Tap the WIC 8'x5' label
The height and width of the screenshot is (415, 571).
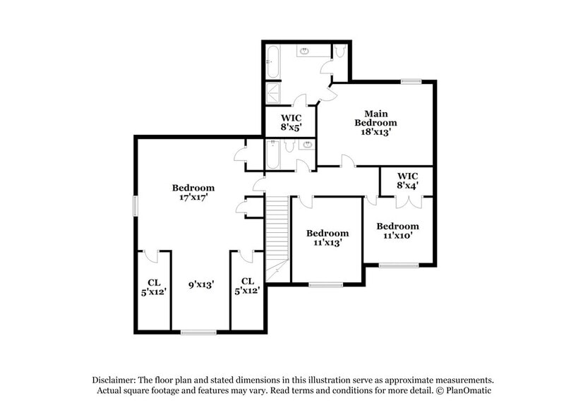[291, 123]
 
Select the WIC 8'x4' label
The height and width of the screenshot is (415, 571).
[407, 180]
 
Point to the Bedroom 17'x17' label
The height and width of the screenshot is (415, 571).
[193, 193]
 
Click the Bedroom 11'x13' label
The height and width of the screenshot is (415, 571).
[327, 238]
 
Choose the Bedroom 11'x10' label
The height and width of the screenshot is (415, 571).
[397, 231]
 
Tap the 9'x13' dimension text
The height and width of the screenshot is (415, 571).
[201, 284]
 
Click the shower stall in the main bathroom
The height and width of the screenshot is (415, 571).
[272, 93]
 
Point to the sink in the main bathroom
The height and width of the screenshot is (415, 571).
[305, 52]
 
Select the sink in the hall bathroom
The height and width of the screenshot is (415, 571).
[306, 146]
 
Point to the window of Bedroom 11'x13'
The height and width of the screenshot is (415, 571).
[325, 284]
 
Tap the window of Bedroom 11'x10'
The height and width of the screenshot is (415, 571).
[398, 265]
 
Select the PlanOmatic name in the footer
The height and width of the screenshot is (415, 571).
[467, 390]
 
